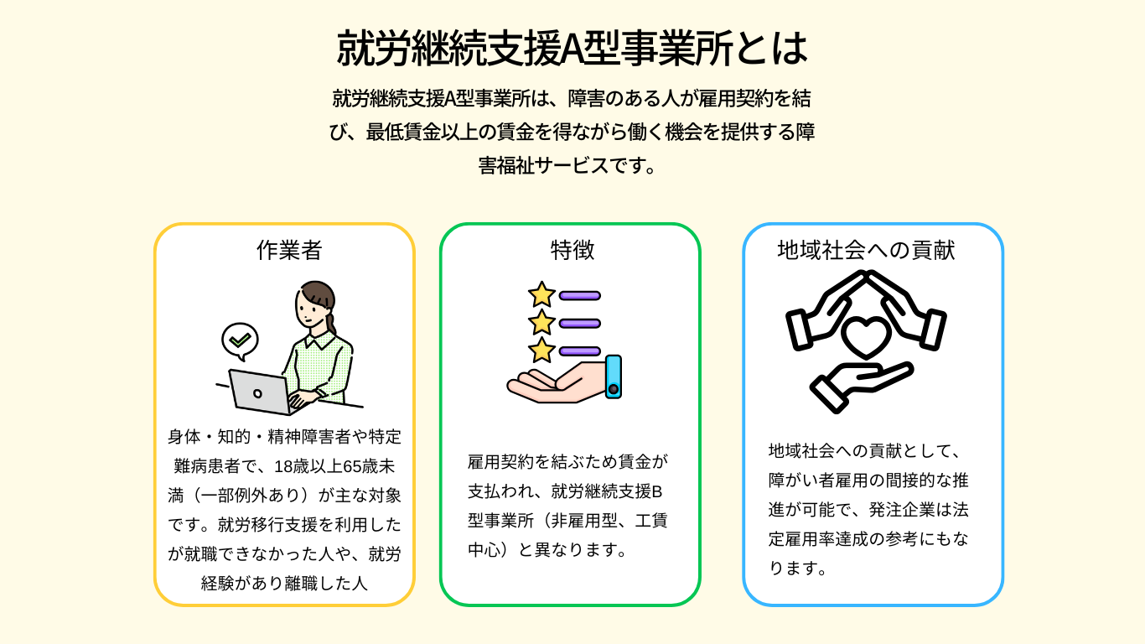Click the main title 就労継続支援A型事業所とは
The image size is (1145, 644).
tap(572, 49)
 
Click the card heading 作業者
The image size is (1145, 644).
tap(289, 250)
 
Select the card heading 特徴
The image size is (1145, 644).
tap(572, 250)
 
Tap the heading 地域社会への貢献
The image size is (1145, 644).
tap(866, 250)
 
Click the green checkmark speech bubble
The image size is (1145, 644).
tap(240, 340)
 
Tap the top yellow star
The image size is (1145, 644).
tap(541, 294)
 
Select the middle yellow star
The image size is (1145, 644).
tap(541, 322)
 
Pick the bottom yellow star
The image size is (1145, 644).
tap(541, 350)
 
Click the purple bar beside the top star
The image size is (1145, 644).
tap(580, 295)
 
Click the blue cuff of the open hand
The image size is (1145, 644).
tap(613, 377)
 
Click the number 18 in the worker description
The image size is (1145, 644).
tap(296, 466)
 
